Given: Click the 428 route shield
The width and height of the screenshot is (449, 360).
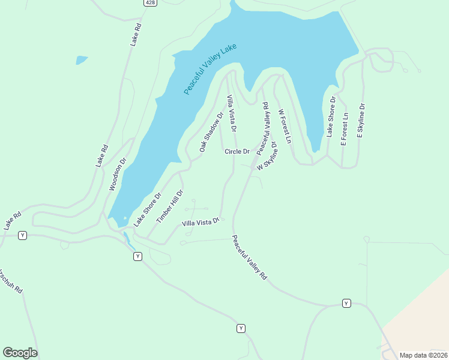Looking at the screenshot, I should (150, 3).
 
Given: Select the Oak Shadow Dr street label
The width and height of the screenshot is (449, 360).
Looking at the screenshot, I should (211, 131).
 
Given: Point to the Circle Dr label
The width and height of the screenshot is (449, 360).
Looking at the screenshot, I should (237, 151).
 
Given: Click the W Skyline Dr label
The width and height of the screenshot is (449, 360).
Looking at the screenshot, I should (268, 156).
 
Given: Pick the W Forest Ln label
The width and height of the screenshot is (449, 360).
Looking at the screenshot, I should (285, 126).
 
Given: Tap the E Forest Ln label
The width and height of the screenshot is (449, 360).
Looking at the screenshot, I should (344, 128).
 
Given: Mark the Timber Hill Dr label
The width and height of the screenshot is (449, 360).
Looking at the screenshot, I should (169, 206).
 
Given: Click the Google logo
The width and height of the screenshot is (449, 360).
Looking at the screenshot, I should (20, 353).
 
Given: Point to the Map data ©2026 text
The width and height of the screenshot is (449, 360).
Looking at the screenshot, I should (423, 355).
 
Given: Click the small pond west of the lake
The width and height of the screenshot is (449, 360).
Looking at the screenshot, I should (82, 60).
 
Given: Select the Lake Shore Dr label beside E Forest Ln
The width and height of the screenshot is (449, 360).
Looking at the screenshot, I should (330, 116).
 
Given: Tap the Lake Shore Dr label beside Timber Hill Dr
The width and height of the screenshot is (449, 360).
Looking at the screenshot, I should (148, 209).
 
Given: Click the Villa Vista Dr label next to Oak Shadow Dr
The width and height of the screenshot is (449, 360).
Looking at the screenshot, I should (232, 113).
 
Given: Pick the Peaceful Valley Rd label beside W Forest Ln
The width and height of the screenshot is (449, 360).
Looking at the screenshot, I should (262, 129).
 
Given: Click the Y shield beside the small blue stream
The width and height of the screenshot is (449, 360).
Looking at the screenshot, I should (137, 256).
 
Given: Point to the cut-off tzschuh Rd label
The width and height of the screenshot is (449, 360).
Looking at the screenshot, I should (12, 280).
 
